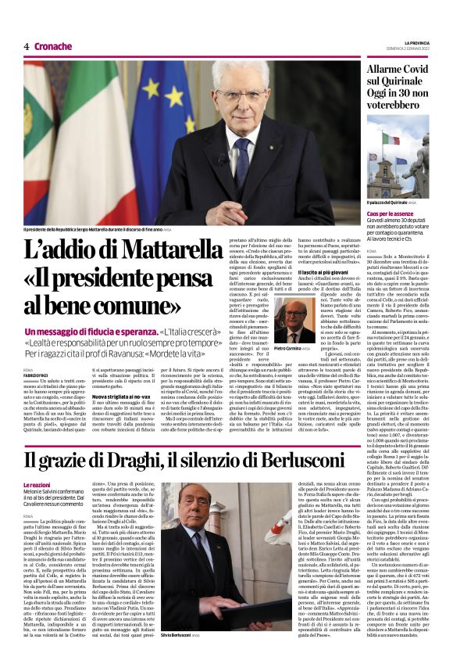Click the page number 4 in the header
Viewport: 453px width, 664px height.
pos(27,46)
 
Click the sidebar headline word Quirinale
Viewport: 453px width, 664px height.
pos(397,93)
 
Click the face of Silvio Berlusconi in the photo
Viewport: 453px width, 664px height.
pos(202,522)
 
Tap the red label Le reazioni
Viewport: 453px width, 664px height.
pos(39,486)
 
